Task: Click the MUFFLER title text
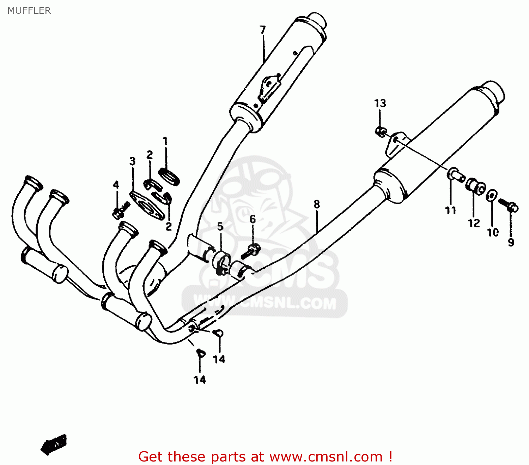29,11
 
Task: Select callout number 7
263,30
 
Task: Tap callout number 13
380,103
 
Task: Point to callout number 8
317,204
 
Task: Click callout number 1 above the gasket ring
165,141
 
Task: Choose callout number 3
132,161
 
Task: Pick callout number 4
116,185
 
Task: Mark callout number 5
220,227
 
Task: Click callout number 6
253,219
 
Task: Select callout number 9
511,242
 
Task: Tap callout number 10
493,232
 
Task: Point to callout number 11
451,210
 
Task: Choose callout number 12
474,223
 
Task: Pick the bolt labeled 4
120,210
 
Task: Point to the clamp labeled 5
221,263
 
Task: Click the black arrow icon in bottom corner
54,444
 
